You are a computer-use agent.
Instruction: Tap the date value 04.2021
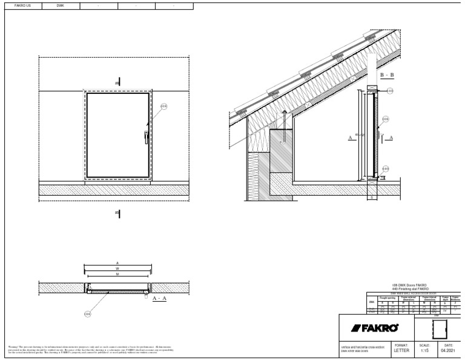click(x=447, y=350)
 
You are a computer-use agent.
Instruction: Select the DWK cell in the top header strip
click(x=60, y=5)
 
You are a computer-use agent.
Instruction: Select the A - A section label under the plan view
click(x=160, y=299)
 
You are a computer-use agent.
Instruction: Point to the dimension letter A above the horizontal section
click(x=117, y=263)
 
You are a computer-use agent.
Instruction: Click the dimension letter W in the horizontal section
click(x=117, y=269)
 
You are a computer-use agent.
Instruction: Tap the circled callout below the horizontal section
click(x=88, y=313)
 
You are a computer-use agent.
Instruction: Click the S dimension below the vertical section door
click(x=371, y=196)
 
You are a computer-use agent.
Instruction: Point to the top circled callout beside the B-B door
click(x=390, y=91)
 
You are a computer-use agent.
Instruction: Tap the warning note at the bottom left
click(x=91, y=350)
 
